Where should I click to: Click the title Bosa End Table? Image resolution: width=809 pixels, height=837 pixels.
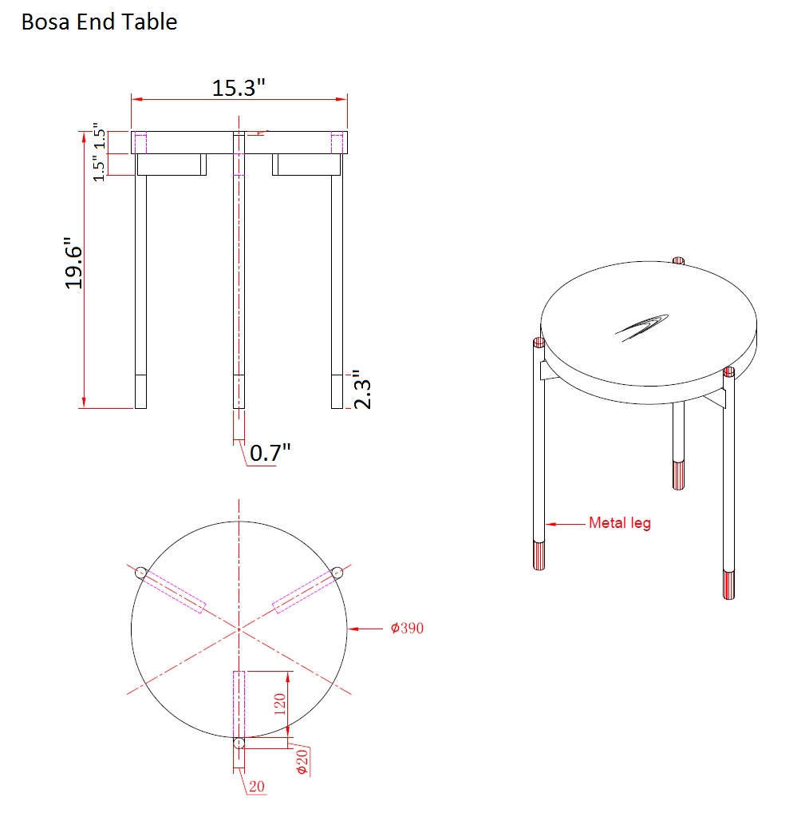[x=99, y=22]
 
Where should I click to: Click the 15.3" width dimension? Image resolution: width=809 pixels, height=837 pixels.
[x=239, y=88]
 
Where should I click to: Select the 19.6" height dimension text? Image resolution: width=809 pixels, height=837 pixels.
[x=73, y=264]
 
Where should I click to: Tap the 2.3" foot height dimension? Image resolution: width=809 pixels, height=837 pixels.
[x=363, y=389]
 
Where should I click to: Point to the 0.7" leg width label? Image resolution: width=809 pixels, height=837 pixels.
[x=270, y=453]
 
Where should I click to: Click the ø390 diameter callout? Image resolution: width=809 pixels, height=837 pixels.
[x=407, y=629]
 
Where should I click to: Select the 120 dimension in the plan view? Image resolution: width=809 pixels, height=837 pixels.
[x=280, y=704]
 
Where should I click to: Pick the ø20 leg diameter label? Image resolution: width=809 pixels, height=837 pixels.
[x=302, y=762]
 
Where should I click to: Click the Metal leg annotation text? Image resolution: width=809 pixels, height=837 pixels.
[x=620, y=523]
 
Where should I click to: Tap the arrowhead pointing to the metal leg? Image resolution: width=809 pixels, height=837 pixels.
[x=551, y=524]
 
